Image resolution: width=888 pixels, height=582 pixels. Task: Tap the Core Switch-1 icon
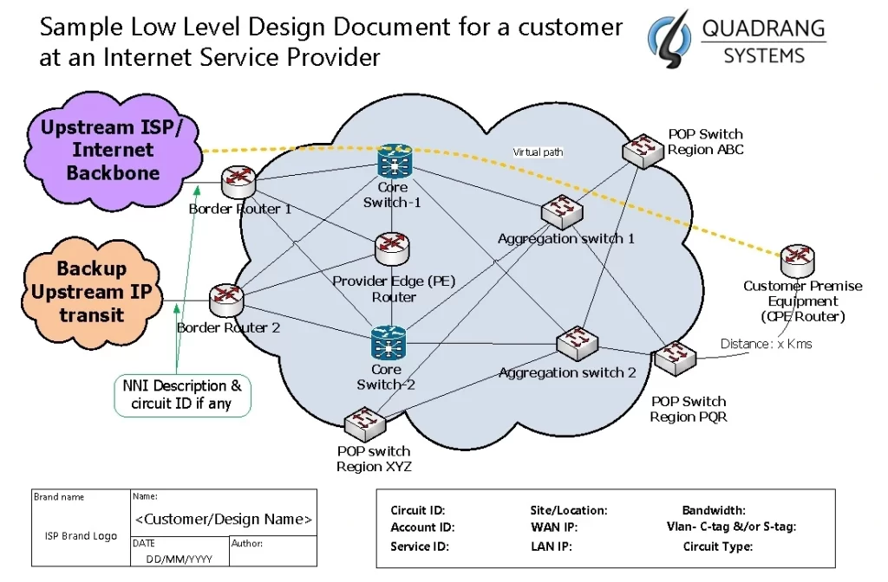[x=395, y=163]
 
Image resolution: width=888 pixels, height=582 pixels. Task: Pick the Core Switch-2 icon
[x=387, y=342]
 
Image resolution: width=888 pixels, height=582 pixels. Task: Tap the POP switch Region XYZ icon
[x=365, y=424]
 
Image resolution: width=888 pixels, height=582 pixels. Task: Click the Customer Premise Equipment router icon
[x=795, y=259]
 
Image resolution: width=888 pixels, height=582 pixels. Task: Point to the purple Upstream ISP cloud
[x=113, y=150]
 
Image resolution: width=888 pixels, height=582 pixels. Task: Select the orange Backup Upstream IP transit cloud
[x=91, y=292]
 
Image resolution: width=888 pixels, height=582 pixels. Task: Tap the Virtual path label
[x=538, y=152]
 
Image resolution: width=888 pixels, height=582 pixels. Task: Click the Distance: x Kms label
[x=766, y=344]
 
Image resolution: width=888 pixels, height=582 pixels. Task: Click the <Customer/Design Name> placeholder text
[x=223, y=520]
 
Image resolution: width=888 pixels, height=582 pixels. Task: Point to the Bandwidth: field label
[x=714, y=511]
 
